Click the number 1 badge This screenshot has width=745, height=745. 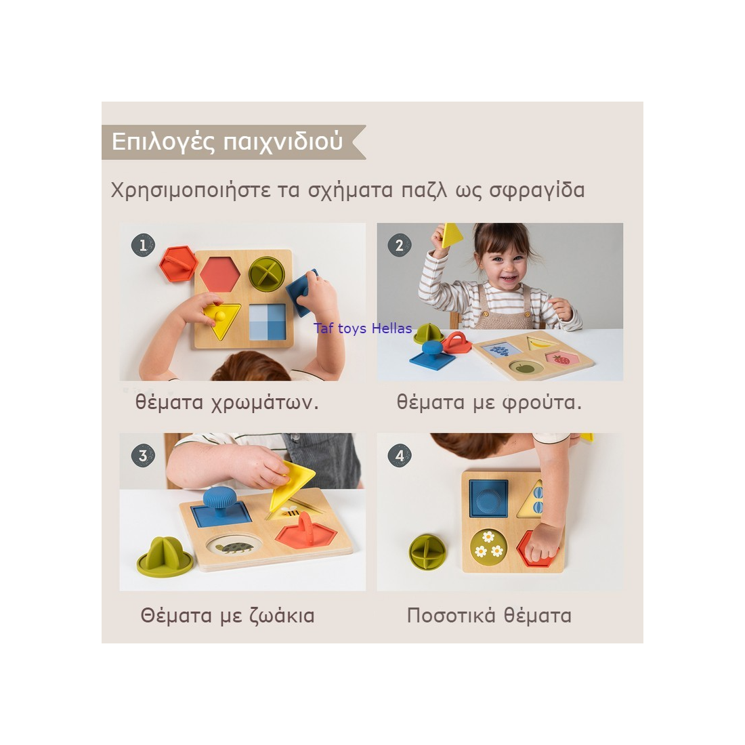(x=143, y=245)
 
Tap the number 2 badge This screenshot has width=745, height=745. (x=400, y=245)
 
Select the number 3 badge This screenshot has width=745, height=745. (x=143, y=455)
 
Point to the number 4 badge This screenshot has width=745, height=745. (x=400, y=455)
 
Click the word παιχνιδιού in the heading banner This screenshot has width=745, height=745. (x=283, y=142)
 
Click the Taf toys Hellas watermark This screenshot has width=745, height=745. (x=362, y=328)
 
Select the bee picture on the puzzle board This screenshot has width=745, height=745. (x=289, y=512)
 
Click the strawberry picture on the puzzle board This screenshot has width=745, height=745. (x=561, y=359)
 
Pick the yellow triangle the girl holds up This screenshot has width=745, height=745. (x=451, y=235)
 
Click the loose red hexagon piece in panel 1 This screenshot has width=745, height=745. (x=178, y=263)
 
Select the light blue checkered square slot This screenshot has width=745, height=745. (x=268, y=322)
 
